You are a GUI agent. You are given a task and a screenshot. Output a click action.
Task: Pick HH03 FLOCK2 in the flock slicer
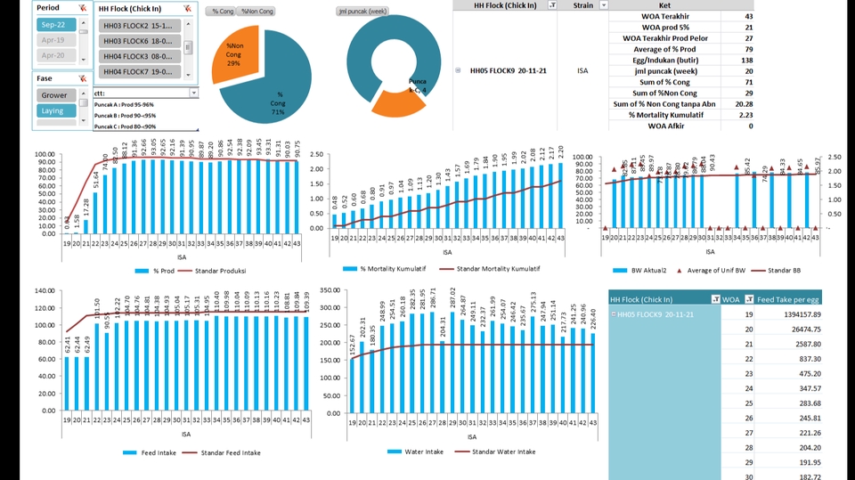139,25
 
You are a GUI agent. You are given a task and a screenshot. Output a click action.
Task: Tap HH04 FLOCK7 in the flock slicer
139,71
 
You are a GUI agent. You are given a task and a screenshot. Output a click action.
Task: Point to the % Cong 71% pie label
279,102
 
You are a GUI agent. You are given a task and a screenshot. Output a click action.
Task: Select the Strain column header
582,5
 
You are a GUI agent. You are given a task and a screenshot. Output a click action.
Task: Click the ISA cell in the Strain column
582,70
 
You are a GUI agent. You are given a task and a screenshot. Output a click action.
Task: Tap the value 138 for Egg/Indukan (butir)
747,60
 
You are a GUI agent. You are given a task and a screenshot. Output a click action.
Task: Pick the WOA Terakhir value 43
747,16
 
